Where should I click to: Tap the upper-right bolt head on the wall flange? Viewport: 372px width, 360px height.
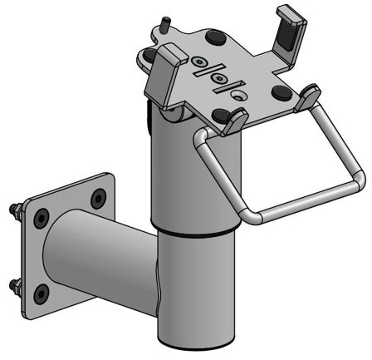[99, 197]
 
